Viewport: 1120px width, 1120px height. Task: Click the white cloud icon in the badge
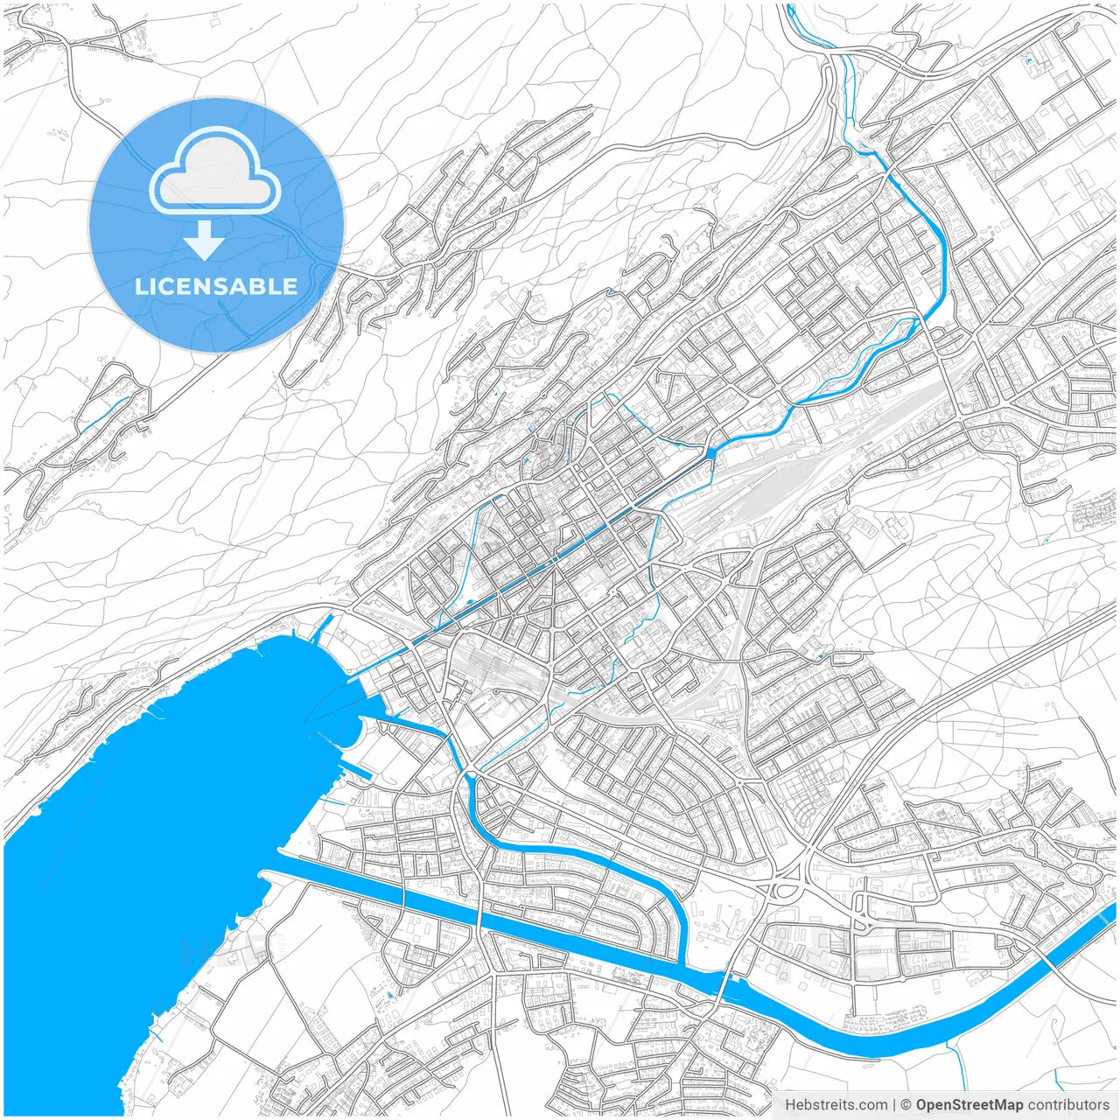tap(215, 171)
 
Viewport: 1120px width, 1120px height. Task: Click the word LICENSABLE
tap(216, 286)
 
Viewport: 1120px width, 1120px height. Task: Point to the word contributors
tap(1068, 1105)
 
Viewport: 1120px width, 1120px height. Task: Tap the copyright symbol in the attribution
tap(906, 1105)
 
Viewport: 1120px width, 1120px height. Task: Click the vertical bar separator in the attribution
tap(893, 1105)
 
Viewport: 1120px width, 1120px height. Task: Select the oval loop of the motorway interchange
tap(783, 891)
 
